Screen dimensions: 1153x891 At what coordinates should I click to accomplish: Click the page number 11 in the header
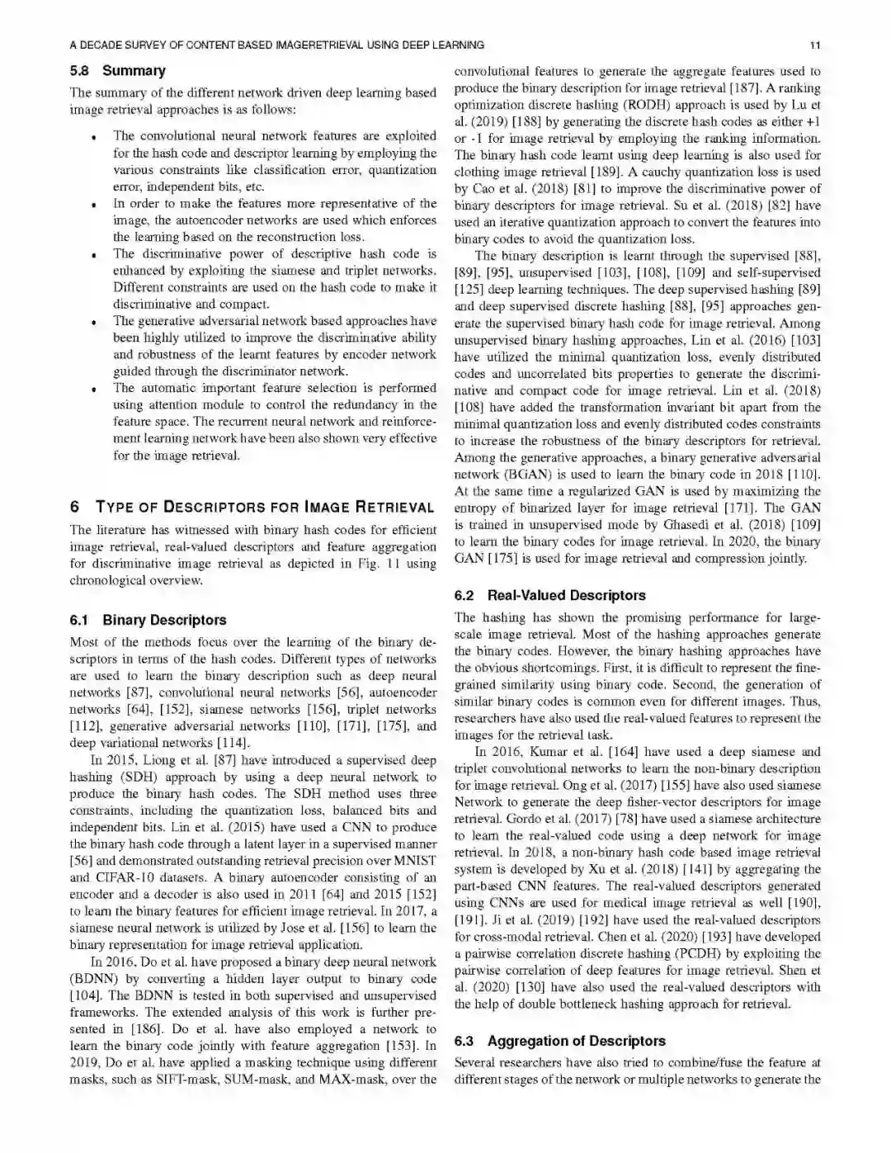815,45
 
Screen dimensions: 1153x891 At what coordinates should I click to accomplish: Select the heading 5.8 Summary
117,71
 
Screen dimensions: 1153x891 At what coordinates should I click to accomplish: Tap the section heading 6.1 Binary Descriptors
148,620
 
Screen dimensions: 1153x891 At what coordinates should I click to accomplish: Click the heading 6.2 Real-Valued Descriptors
549,595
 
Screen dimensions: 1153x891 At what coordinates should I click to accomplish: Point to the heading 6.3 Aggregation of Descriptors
559,1041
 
